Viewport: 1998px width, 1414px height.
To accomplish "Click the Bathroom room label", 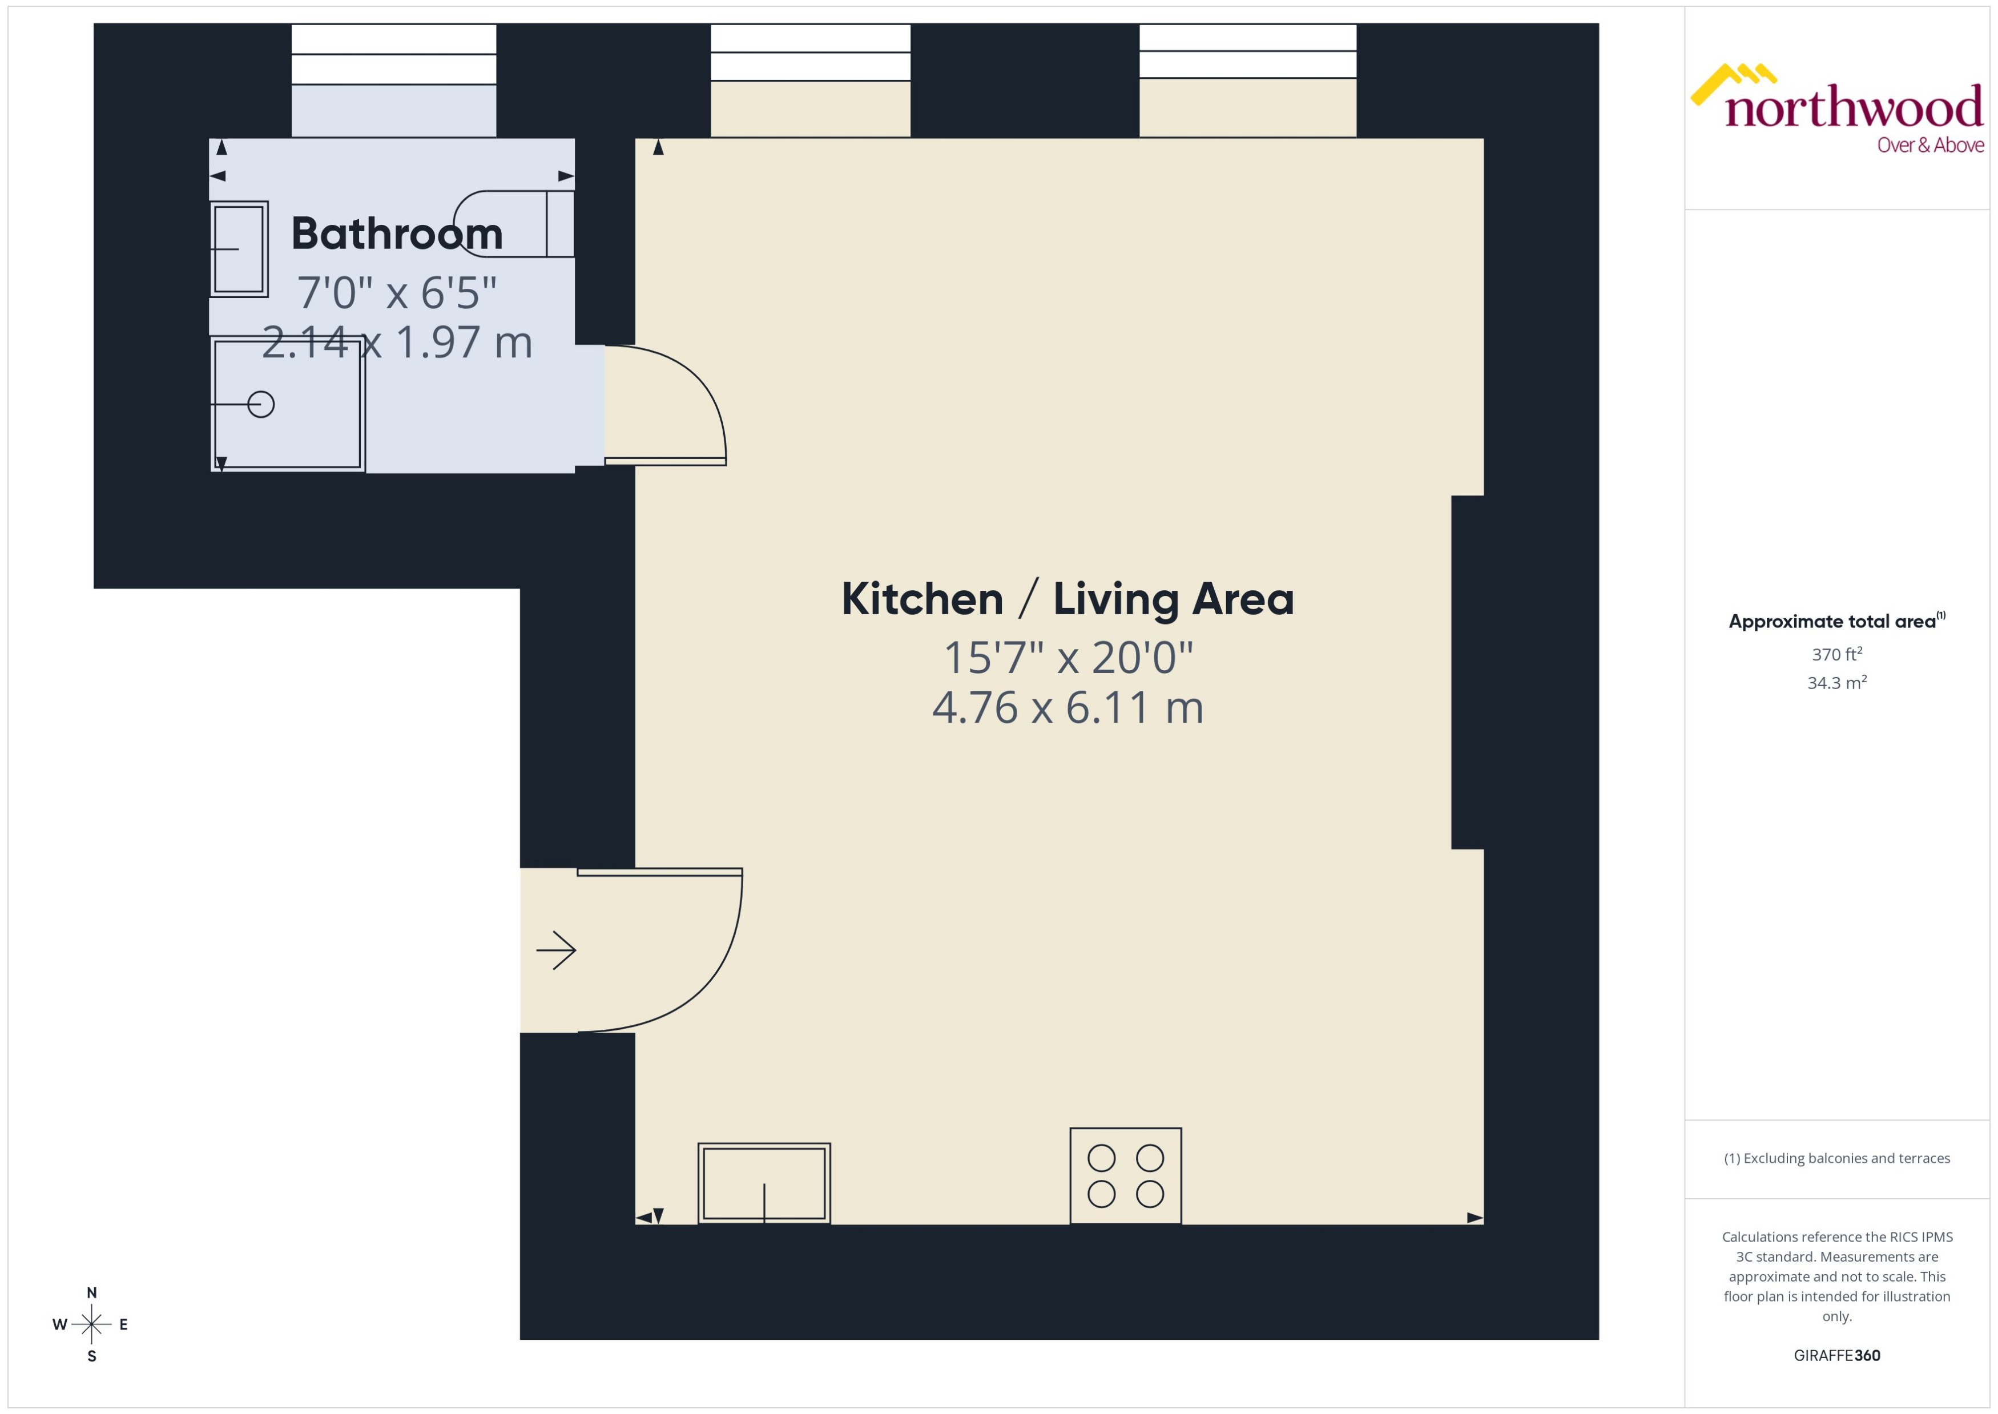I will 396,233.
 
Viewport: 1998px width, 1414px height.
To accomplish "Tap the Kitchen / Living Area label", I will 1068,599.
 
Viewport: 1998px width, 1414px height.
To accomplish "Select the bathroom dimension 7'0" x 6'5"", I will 396,292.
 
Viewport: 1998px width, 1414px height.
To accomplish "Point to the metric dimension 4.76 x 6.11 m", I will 1068,707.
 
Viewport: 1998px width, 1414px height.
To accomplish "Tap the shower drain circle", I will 261,404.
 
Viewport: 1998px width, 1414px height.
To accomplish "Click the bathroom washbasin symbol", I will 239,249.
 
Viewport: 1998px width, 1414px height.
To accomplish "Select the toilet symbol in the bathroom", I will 514,224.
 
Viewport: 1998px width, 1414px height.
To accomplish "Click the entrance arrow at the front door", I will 555,950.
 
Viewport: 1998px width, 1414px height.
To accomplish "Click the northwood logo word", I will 1854,109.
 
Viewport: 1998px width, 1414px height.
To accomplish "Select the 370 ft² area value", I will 1837,654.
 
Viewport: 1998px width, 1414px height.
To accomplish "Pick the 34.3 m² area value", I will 1837,683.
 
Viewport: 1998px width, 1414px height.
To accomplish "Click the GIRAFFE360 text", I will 1837,1356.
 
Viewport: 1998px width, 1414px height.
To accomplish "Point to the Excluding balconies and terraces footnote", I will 1837,1158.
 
